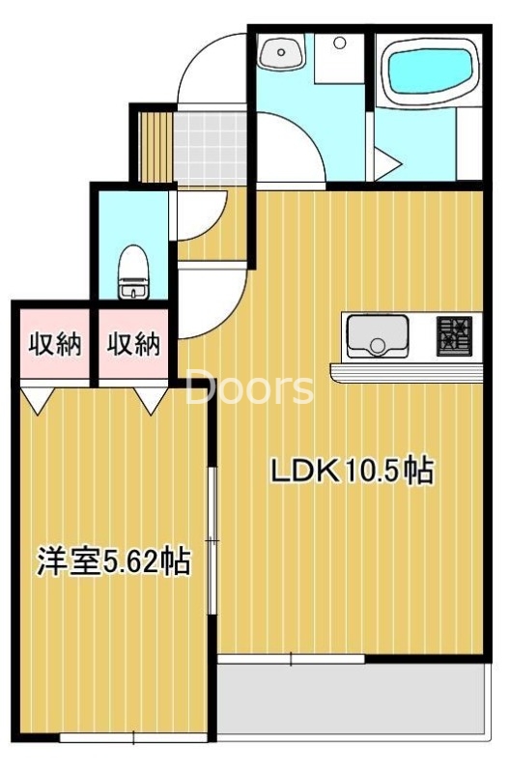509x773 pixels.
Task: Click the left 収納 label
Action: [x=53, y=344]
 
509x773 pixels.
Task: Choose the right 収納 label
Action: [x=133, y=344]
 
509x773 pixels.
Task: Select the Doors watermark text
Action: [x=249, y=388]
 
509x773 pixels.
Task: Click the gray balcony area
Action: [x=348, y=701]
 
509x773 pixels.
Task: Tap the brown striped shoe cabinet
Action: [x=153, y=146]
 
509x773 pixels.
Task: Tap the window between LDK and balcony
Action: [x=291, y=659]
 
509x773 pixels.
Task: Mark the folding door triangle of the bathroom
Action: [x=387, y=164]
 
